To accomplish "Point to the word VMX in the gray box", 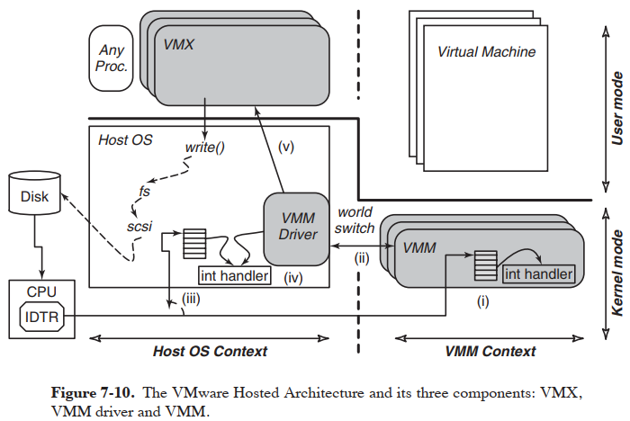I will [x=180, y=42].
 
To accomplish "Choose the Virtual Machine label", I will [x=486, y=51].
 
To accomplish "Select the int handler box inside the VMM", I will [x=538, y=273].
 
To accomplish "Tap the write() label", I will [x=204, y=146].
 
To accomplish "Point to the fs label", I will [x=144, y=191].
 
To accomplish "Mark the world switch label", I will [x=355, y=221].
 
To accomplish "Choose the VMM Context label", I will [x=491, y=351].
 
